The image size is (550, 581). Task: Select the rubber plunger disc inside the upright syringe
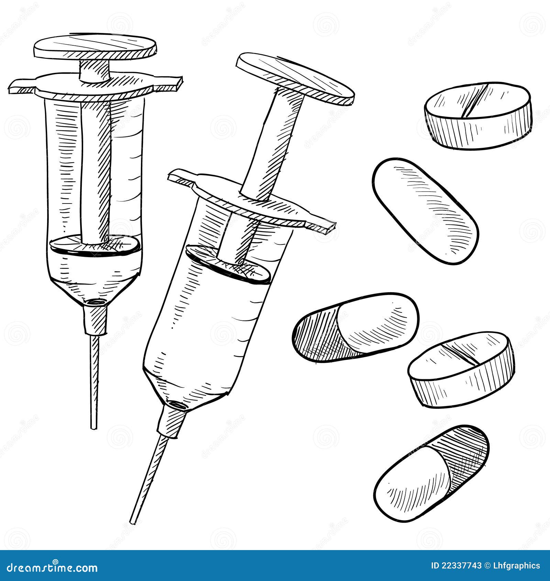pos(95,244)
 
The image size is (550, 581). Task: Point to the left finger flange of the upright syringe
pos(22,87)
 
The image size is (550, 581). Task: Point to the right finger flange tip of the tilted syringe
pos(325,228)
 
